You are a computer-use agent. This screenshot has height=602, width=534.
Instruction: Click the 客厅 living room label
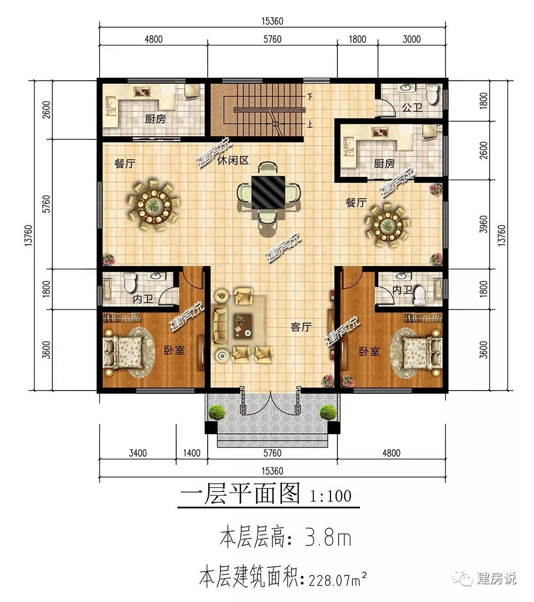[301, 327]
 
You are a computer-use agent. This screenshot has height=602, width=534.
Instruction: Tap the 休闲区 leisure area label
[233, 160]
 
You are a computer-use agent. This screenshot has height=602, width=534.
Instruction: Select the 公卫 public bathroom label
[412, 107]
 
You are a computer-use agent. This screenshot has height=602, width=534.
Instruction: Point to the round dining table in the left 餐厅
[154, 204]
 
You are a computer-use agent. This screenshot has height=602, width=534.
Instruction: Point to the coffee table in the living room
[242, 325]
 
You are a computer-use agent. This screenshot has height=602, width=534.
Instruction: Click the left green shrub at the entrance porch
[217, 412]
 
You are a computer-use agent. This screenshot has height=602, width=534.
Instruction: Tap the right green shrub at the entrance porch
[328, 412]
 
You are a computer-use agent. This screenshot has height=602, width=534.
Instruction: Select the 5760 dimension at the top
[272, 39]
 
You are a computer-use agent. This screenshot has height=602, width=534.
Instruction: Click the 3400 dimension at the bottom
[138, 453]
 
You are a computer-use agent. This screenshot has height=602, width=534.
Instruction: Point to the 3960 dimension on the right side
[484, 224]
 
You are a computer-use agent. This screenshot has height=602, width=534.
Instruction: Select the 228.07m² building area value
[338, 578]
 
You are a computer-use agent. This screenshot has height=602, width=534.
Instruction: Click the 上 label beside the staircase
[309, 124]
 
